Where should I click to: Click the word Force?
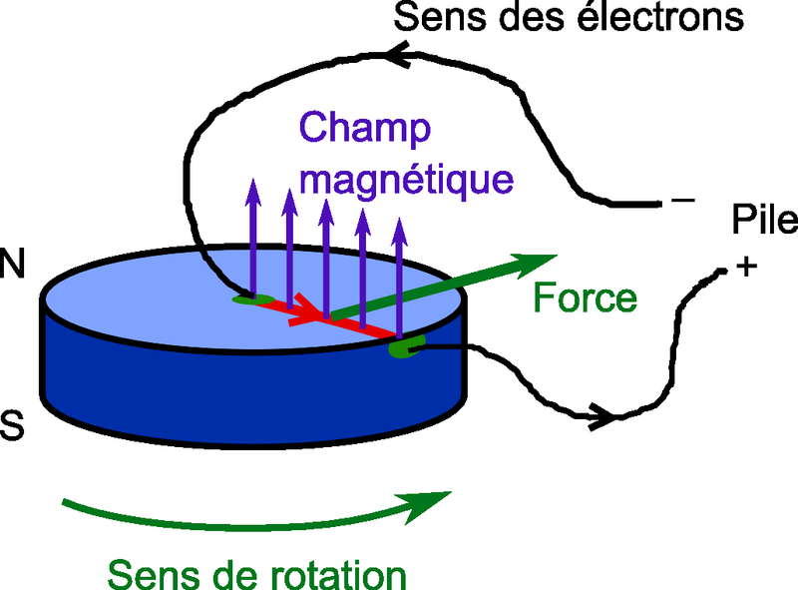click(584, 297)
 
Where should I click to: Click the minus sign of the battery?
click(683, 202)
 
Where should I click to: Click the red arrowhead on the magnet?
click(319, 317)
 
